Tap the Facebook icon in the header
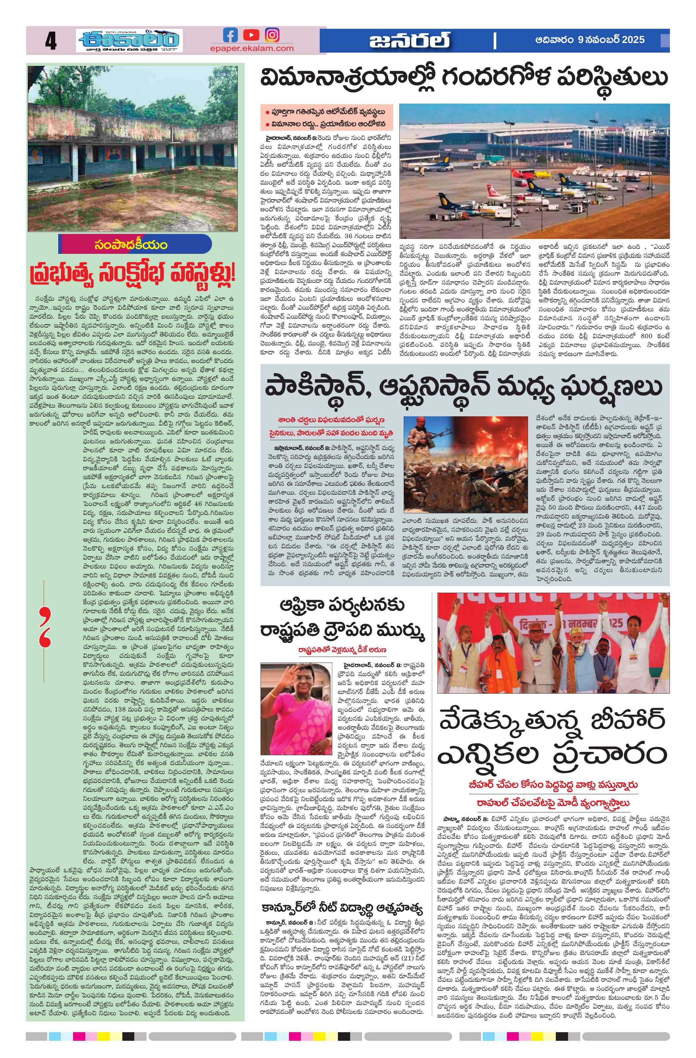(230, 35)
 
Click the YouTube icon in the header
(251, 35)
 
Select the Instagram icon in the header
(272, 35)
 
